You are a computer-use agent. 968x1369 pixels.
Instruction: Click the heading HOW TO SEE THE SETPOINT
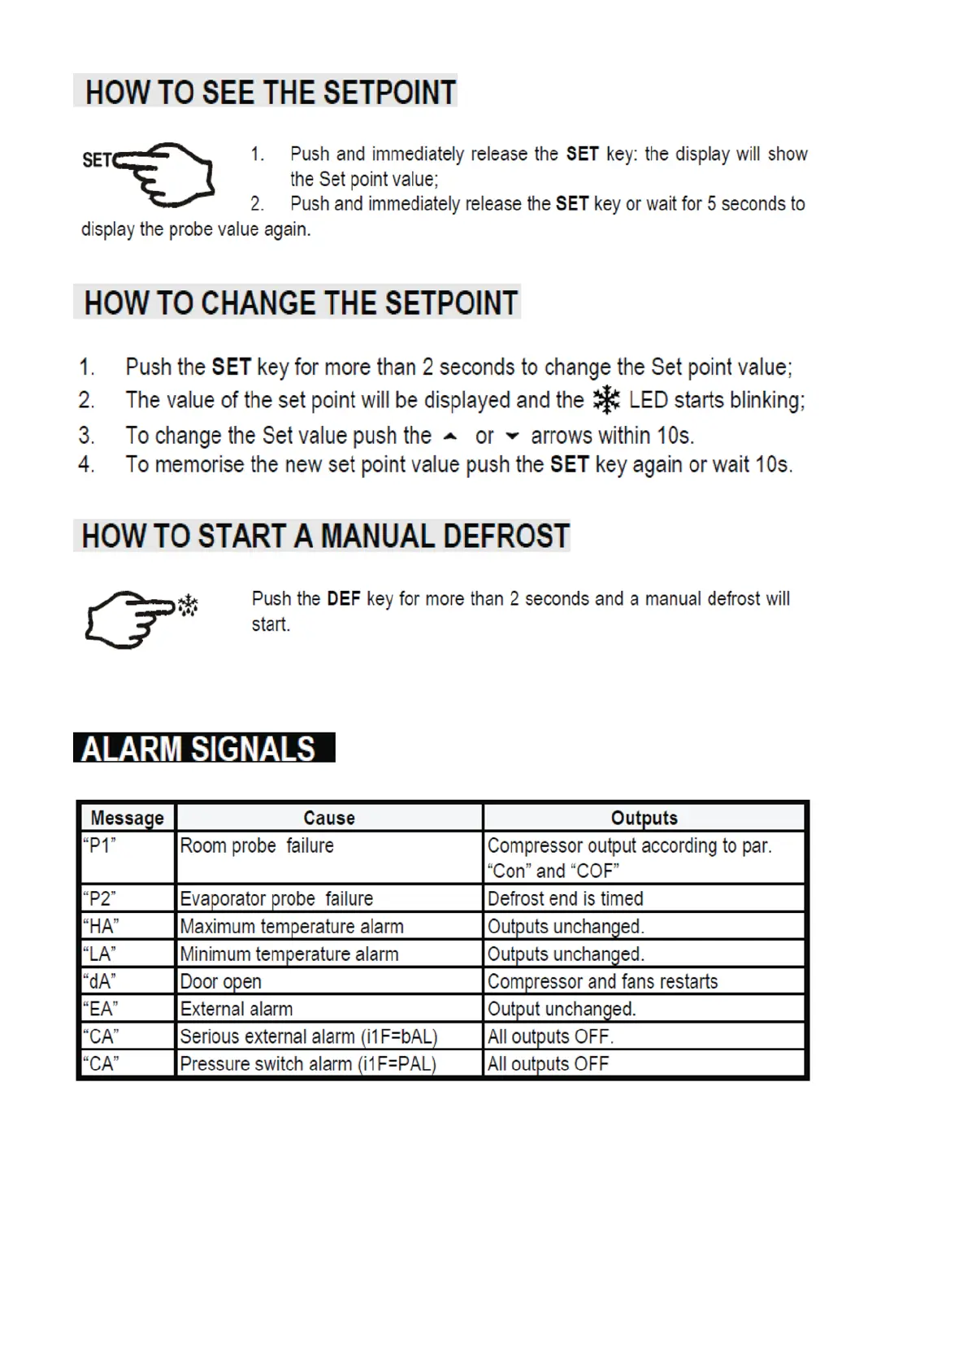coord(271,92)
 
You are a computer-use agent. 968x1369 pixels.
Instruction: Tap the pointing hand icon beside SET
coord(167,173)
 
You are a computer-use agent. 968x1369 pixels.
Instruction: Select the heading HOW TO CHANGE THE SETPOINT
coord(301,303)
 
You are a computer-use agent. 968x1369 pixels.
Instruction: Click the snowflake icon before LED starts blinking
coord(606,400)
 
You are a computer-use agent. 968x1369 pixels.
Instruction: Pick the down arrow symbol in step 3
coord(512,437)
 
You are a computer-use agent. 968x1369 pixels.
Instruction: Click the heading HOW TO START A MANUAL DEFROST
coord(325,537)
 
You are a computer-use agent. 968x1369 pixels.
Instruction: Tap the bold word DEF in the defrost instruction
coord(344,599)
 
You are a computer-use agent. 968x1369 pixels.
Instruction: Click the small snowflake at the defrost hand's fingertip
coord(188,605)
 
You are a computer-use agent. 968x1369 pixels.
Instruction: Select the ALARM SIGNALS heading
coord(199,749)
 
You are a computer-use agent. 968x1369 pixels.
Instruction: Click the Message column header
coord(128,818)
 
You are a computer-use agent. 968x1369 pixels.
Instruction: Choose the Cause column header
coord(329,818)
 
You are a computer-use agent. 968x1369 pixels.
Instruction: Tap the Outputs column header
coord(644,818)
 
